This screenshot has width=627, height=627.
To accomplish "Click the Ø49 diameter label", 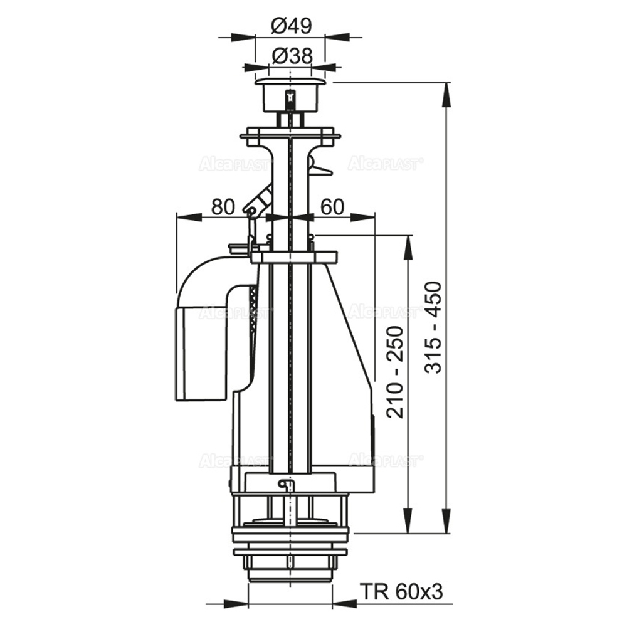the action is click(x=291, y=27).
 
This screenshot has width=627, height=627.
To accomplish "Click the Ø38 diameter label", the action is click(x=292, y=56).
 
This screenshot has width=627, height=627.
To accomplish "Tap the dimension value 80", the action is click(x=223, y=207).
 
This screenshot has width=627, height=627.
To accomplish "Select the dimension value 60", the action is click(x=332, y=207).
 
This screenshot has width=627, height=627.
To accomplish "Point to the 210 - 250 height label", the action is click(x=396, y=372).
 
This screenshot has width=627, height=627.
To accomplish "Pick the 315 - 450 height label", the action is click(x=433, y=327).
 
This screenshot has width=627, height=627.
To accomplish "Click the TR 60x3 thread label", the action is click(x=401, y=591).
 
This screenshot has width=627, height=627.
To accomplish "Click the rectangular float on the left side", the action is click(x=204, y=353).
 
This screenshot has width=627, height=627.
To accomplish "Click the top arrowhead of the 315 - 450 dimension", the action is click(x=446, y=95).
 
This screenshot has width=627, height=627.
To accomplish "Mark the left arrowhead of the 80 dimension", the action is click(x=188, y=217).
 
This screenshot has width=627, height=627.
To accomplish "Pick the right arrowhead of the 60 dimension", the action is click(x=363, y=217).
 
